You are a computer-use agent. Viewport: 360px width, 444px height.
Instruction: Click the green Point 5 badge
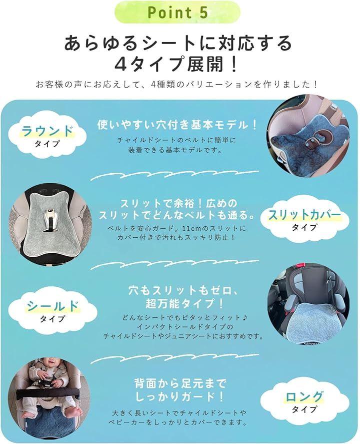point(177,12)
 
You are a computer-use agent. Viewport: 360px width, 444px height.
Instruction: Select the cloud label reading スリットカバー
point(304,219)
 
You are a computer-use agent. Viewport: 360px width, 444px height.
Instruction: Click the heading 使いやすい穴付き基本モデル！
point(177,125)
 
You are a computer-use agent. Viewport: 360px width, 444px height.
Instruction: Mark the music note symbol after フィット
point(245,318)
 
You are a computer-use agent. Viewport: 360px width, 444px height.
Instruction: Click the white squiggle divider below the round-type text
point(174,174)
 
